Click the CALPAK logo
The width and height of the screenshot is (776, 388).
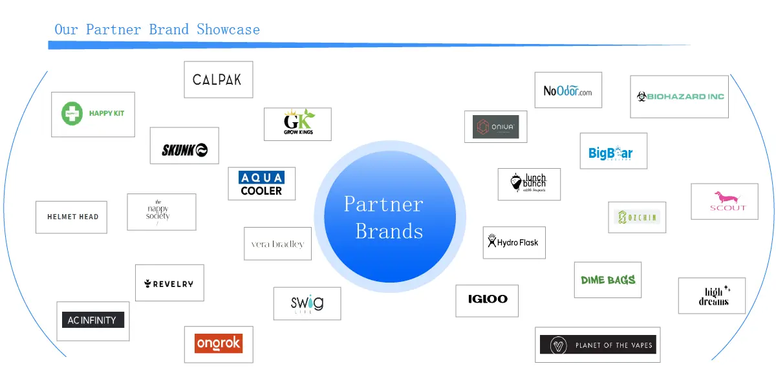point(217,80)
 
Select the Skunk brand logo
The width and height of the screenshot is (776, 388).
point(184,150)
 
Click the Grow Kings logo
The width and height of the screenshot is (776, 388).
point(297,124)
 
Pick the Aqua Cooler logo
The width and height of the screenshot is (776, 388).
point(261,184)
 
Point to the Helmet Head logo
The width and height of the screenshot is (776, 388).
point(72,217)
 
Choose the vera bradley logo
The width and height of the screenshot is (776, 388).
point(277,244)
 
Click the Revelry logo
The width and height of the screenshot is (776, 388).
point(169,283)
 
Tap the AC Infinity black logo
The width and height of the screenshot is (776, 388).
point(92,320)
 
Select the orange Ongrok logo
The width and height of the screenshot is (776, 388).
point(218,343)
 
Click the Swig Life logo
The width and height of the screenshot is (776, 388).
point(307,303)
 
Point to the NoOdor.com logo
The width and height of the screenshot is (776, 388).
point(568,91)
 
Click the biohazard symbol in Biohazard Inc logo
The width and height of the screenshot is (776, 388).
point(641,96)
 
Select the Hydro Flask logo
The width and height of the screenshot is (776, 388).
point(513,242)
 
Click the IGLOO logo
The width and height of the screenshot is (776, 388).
point(488,299)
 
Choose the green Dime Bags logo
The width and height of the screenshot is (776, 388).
point(608,280)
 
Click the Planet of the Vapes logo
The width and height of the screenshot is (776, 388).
point(598,345)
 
